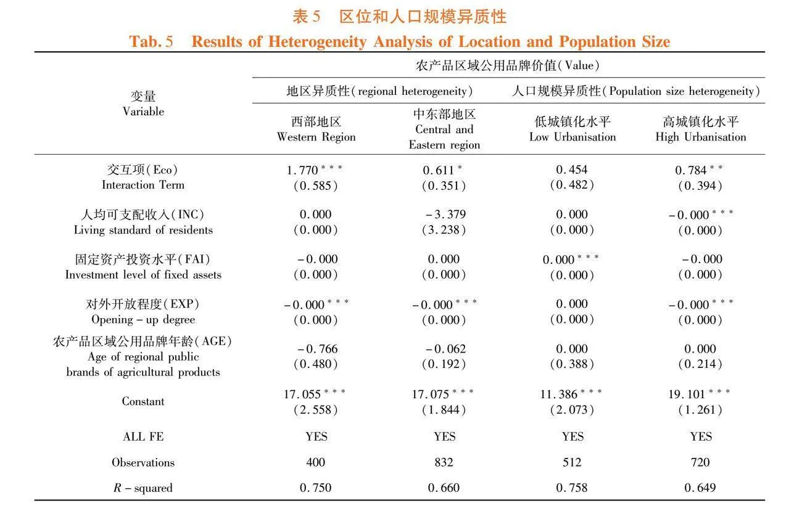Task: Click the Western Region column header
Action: coord(316,129)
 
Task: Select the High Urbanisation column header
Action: coord(701,129)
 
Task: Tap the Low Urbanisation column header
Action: coord(573,129)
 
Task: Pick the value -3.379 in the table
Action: coord(445,215)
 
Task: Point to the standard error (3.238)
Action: coord(444,230)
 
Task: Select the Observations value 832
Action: coord(444,462)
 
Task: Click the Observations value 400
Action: coord(316,462)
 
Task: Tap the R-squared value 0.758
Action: coord(572,488)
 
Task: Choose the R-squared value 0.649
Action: coord(700,488)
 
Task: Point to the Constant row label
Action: coord(143,401)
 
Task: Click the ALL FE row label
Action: coord(143,436)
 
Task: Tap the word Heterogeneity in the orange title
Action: coord(317,42)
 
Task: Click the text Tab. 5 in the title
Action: coord(151,41)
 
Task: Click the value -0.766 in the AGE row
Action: coord(317,348)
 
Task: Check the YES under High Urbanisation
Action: coord(701,436)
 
